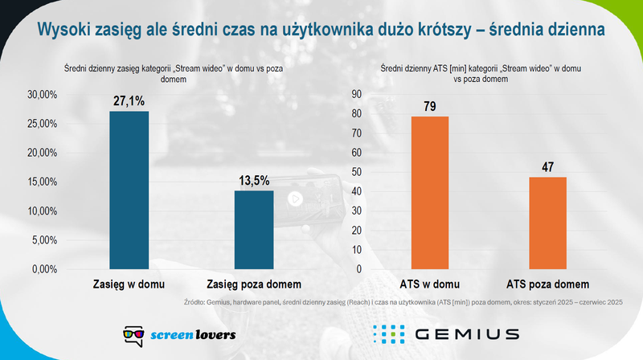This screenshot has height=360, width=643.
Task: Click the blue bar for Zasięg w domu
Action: [x=129, y=190]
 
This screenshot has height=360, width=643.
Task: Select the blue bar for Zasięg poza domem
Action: [x=254, y=229]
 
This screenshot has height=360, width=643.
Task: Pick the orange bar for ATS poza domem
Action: [x=547, y=223]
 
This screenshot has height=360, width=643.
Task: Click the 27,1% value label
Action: [x=129, y=102]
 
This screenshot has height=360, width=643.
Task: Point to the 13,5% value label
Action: [x=254, y=181]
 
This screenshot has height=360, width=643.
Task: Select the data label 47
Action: [x=547, y=168]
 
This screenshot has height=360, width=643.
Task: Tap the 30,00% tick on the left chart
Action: [x=42, y=95]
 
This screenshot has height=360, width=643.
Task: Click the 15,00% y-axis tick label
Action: [x=42, y=182]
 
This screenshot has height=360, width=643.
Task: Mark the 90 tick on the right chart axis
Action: [x=358, y=95]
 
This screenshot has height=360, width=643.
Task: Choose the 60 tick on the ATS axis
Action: [x=358, y=153]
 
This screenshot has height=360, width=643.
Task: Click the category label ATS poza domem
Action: [x=547, y=284]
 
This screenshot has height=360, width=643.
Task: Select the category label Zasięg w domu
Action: [x=129, y=284]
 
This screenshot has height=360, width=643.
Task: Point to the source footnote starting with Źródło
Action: [x=402, y=303]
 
